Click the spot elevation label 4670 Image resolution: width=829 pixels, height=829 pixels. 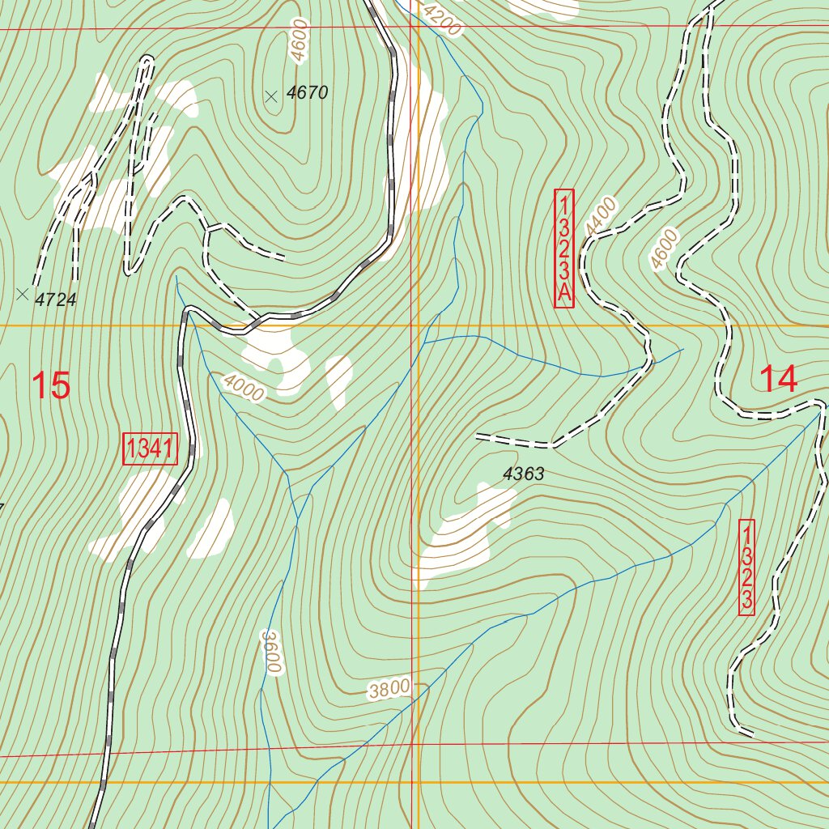[308, 93]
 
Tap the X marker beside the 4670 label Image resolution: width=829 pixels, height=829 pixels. [271, 96]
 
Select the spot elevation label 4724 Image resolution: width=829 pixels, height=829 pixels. [56, 300]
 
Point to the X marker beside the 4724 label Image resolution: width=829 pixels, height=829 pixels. [22, 294]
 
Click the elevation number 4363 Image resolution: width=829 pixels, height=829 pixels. [523, 474]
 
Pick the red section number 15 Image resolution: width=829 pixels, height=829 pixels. [51, 385]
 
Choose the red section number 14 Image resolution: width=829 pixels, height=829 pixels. [779, 379]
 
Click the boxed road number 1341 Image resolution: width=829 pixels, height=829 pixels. [150, 449]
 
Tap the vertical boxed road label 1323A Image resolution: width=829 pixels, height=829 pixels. [563, 249]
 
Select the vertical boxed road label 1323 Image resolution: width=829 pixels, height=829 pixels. [747, 567]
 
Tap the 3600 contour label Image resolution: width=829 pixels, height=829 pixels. [270, 651]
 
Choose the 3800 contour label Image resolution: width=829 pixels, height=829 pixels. [389, 689]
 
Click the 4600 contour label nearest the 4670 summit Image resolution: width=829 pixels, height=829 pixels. [299, 40]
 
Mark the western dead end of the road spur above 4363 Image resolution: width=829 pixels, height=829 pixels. [478, 437]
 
